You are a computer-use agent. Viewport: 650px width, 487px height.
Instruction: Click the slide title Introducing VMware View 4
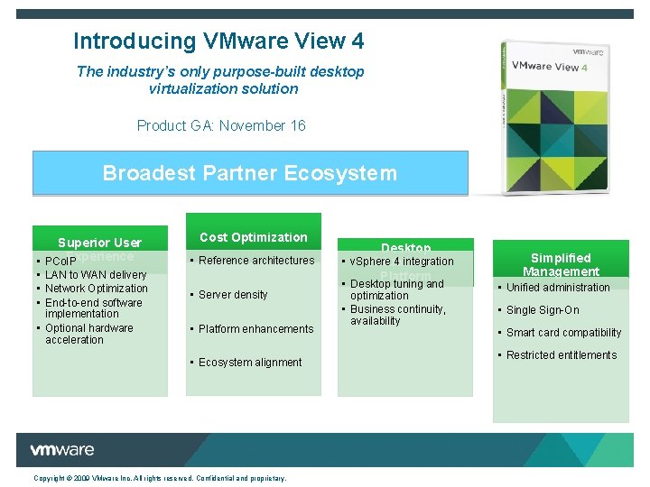pyautogui.click(x=218, y=41)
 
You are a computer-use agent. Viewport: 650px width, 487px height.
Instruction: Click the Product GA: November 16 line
pyautogui.click(x=221, y=125)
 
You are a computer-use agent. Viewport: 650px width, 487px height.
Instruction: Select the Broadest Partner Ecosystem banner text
pyautogui.click(x=250, y=173)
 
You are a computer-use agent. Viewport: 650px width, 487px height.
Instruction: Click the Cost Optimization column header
pyautogui.click(x=253, y=237)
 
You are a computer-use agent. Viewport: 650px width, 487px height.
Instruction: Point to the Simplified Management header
pyautogui.click(x=561, y=264)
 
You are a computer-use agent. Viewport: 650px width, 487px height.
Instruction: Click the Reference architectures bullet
pyautogui.click(x=256, y=261)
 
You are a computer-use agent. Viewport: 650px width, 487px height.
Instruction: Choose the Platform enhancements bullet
pyautogui.click(x=255, y=329)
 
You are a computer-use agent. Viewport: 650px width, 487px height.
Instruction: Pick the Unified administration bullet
pyautogui.click(x=558, y=288)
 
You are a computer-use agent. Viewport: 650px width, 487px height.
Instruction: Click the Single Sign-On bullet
pyautogui.click(x=543, y=310)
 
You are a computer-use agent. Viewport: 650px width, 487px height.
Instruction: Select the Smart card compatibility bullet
pyautogui.click(x=563, y=333)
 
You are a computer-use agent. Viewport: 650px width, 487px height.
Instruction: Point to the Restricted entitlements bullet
pyautogui.click(x=562, y=355)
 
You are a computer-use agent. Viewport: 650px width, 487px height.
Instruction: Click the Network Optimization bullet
pyautogui.click(x=96, y=289)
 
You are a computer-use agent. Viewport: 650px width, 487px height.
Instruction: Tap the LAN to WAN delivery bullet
pyautogui.click(x=96, y=275)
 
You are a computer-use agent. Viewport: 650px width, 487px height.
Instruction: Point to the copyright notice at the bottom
pyautogui.click(x=160, y=478)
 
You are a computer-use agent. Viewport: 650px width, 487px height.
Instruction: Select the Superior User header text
pyautogui.click(x=99, y=243)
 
